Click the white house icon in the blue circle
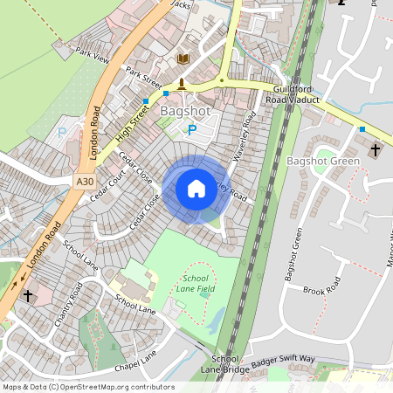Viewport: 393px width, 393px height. [x=196, y=189]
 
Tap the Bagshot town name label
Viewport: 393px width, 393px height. [x=185, y=112]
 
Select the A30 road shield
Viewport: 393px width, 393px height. [x=84, y=182]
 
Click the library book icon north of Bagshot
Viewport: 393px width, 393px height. [x=183, y=59]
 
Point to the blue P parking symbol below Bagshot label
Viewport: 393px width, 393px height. [x=192, y=131]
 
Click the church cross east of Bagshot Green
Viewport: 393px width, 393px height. [x=376, y=150]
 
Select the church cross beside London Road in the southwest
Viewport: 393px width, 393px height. [x=27, y=296]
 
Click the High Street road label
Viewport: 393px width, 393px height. [x=132, y=122]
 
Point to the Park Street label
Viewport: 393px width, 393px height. [x=144, y=78]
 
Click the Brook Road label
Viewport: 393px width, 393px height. [x=320, y=289]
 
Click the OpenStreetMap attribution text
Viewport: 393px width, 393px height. [x=87, y=386]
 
